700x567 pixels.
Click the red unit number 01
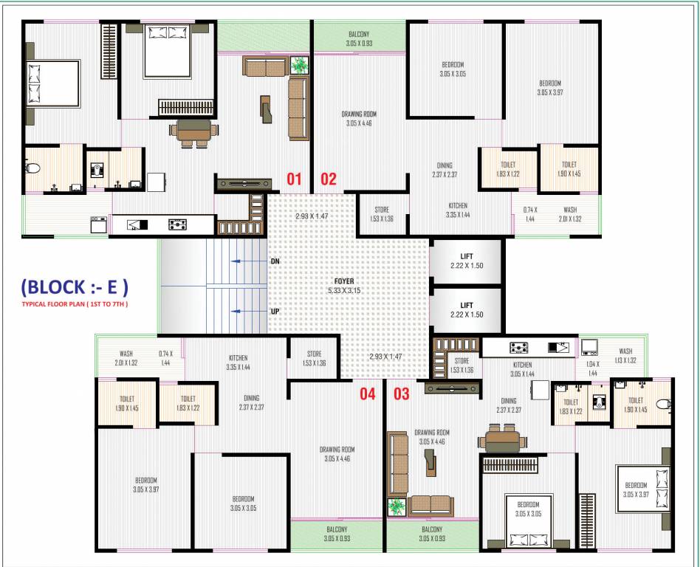tap(295, 179)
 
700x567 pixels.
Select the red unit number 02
tap(328, 179)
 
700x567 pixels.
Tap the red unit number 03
tap(401, 394)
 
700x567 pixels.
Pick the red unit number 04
tap(368, 394)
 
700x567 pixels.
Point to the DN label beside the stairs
tap(275, 261)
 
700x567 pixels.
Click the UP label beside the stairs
tap(275, 312)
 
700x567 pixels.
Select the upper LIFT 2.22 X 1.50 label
tap(466, 260)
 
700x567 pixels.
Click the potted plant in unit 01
tap(301, 65)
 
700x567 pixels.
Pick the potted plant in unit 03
tap(397, 507)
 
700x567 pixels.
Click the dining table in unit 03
tap(502, 440)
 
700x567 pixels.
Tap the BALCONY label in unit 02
tap(359, 38)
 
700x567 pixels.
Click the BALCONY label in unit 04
tap(337, 534)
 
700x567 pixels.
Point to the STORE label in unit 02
tap(382, 214)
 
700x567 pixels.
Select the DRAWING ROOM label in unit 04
tap(337, 454)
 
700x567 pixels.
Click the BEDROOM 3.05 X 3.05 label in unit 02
tap(453, 69)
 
